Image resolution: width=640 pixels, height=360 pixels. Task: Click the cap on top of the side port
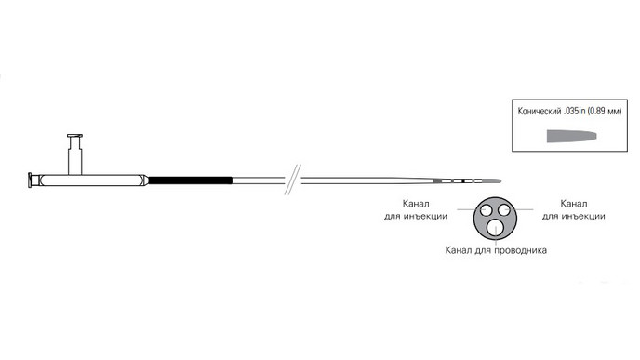point(74,136)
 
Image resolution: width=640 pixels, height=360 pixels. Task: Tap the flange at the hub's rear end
point(30,180)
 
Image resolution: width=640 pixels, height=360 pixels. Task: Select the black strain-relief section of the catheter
point(190,180)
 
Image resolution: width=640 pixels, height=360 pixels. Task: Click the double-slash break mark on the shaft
point(293,180)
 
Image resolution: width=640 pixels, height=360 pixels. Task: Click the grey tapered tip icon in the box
point(571,137)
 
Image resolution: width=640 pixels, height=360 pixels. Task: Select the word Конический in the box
point(539,112)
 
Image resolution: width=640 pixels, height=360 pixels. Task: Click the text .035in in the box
point(574,112)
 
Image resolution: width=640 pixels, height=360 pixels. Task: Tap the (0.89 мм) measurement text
point(605,112)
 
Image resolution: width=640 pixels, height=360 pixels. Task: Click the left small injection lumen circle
point(487,210)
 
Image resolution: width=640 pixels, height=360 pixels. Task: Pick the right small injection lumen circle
point(505,210)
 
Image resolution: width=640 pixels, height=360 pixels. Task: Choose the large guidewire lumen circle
point(496,227)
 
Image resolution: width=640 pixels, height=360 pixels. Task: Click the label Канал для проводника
point(496,250)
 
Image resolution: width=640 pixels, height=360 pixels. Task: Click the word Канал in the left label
point(416,204)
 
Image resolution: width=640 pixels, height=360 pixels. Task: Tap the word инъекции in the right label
point(583,217)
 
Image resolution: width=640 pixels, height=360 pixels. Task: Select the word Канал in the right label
point(573,204)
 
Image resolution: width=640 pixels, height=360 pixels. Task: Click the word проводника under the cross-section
point(520,250)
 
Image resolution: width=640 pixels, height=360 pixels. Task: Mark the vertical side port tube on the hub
point(74,156)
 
